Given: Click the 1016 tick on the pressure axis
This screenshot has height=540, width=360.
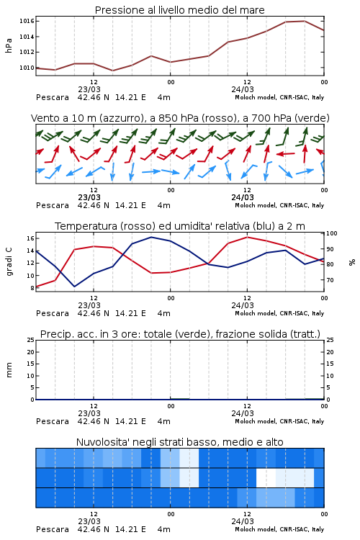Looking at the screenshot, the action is [x=27, y=21].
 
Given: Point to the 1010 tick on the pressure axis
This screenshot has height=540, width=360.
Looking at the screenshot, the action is [x=27, y=68].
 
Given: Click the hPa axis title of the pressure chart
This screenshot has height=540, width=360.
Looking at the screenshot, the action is [x=9, y=45].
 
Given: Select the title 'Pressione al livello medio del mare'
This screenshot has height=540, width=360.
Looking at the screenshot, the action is [x=179, y=10].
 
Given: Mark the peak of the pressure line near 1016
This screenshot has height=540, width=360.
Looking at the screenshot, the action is [x=305, y=21].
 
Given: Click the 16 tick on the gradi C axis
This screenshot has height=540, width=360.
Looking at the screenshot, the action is [x=30, y=238].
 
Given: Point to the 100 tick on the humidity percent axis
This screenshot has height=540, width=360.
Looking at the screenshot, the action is [x=331, y=233].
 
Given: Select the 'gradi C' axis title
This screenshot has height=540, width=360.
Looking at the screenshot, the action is [x=9, y=262].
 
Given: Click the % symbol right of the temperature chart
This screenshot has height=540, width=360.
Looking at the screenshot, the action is [x=352, y=262].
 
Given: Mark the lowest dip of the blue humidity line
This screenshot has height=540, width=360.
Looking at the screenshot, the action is [x=74, y=287].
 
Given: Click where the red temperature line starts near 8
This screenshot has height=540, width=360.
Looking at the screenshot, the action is [x=37, y=287].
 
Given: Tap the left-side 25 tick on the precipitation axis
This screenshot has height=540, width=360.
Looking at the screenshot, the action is [x=31, y=340].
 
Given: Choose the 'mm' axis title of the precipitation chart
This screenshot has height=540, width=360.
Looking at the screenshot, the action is [x=9, y=370].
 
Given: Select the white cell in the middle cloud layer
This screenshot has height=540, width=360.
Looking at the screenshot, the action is [x=266, y=477].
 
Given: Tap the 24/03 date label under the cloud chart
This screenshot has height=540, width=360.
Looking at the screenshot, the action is [x=243, y=521].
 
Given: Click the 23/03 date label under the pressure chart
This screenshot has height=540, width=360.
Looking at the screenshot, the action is [x=89, y=89].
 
